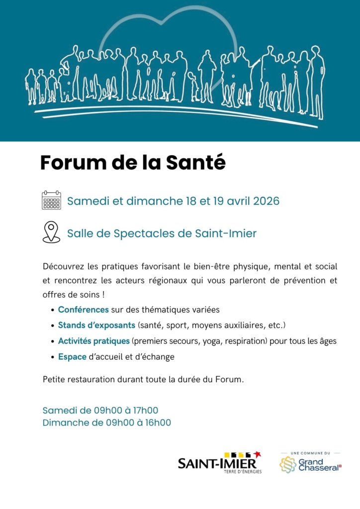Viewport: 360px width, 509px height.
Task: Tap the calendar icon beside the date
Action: point(51,201)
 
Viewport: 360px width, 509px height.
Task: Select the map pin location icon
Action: point(51,232)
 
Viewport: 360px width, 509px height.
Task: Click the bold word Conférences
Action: point(83,310)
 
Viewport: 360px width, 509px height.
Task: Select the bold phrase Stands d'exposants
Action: point(96,326)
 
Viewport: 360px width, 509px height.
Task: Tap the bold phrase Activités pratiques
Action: point(94,341)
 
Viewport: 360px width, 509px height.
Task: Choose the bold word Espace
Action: point(72,357)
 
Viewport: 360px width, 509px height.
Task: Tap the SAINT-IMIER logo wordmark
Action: point(217,464)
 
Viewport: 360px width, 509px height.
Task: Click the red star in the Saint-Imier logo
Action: point(257,454)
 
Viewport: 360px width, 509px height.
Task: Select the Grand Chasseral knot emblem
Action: point(287,465)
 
